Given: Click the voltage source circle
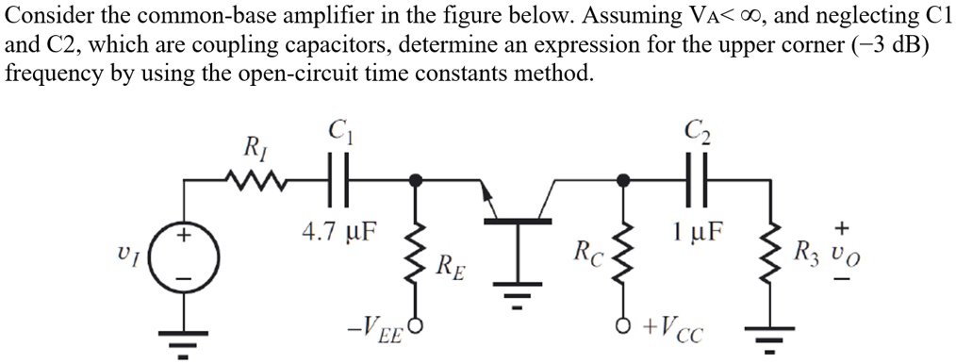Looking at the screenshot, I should pos(185,253).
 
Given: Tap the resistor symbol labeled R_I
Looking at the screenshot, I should pos(252,176).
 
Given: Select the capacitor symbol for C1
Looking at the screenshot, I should pos(338,176).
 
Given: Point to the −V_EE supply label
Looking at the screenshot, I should pos(373,331).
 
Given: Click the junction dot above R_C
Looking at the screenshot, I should pos(623,176).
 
